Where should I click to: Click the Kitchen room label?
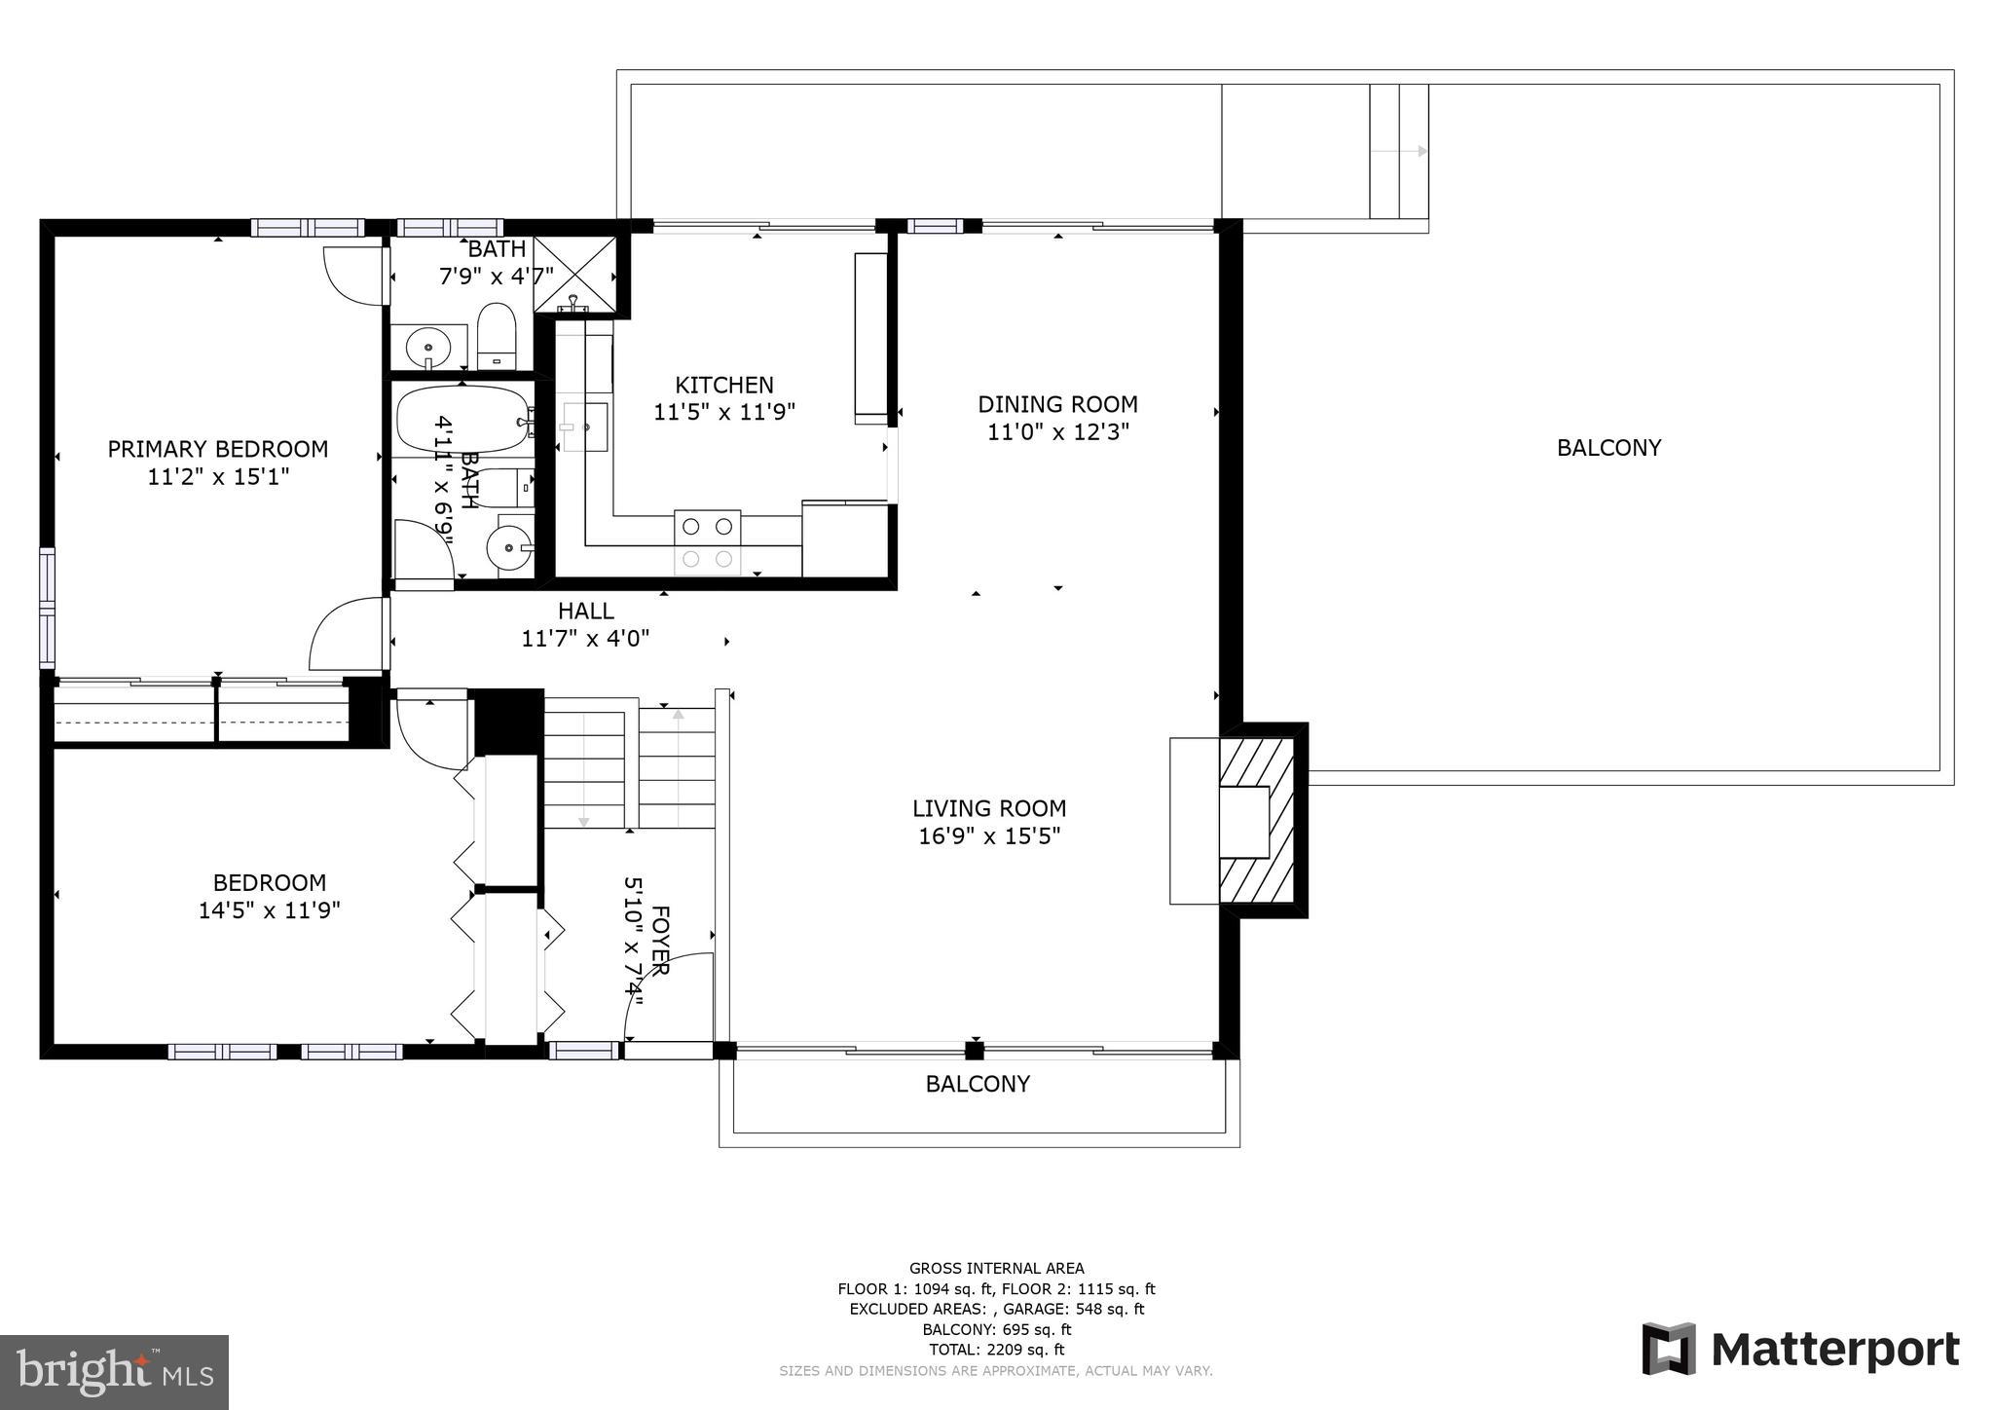pos(724,385)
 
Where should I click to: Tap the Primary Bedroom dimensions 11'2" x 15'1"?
pos(218,476)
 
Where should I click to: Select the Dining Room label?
pos(1057,404)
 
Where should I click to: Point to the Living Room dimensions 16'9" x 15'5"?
pos(989,835)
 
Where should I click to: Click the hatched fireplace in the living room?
pos(1257,821)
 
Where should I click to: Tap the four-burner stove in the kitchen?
pos(707,542)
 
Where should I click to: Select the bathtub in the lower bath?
pos(462,420)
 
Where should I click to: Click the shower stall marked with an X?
pos(575,275)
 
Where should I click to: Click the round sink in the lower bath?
pos(509,548)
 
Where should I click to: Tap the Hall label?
pos(585,611)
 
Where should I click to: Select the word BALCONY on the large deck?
pos(1608,448)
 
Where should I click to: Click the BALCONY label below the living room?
pos(978,1084)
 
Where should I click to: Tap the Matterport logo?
pos(1800,1350)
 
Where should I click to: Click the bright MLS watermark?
pos(114,1372)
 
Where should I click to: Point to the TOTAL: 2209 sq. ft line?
pos(996,1350)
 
